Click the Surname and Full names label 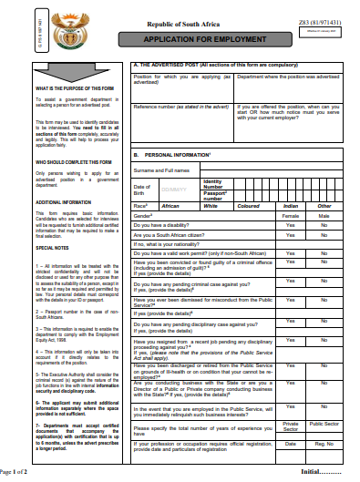pos(161,169)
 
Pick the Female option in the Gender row pos(290,216)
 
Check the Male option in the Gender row pos(325,216)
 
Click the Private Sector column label pos(290,426)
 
